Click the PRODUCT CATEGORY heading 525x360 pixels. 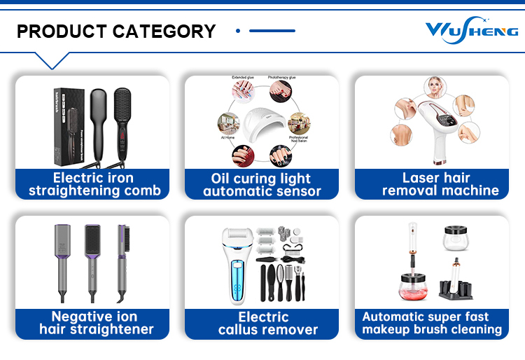116,32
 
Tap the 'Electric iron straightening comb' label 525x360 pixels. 93,184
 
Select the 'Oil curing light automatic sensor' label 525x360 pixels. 262,184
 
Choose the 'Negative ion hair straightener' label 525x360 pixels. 93,323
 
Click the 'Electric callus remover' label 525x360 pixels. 262,323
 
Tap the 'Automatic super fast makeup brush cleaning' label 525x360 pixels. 432,323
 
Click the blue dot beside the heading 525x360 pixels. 238,31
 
